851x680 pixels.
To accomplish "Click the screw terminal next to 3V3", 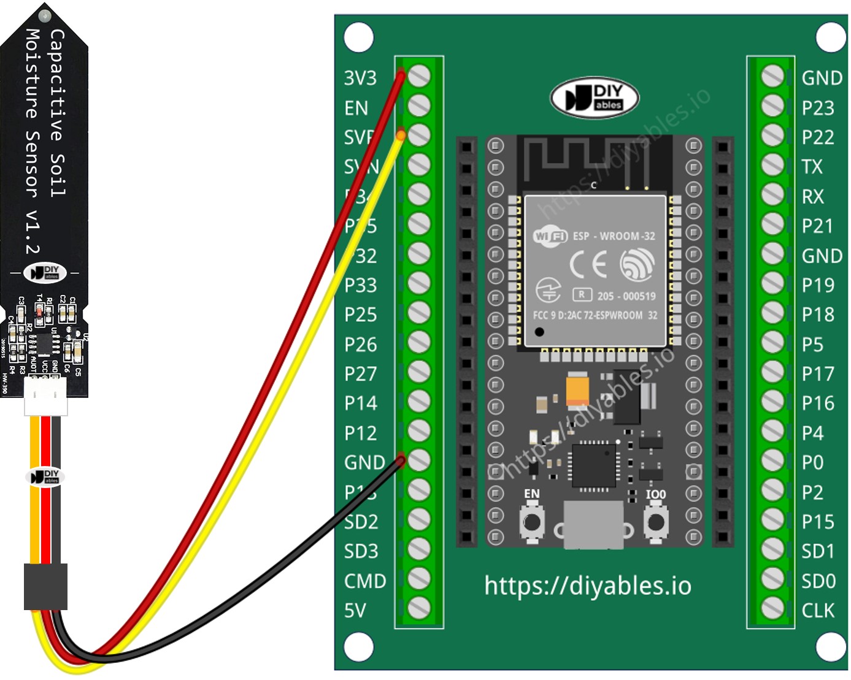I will click(x=419, y=76).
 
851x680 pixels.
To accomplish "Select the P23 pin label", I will click(x=817, y=108).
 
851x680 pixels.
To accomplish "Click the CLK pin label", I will click(x=817, y=610).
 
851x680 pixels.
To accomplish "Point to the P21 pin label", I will click(x=817, y=226).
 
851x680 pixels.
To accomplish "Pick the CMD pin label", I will click(x=365, y=581).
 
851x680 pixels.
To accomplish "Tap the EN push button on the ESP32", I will click(x=531, y=522).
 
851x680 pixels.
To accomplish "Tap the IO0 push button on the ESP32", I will click(x=656, y=522).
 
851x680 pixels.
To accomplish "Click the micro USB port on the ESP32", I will click(x=593, y=525).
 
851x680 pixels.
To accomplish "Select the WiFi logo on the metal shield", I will click(x=550, y=235).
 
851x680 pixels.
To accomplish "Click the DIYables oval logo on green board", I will click(x=595, y=97).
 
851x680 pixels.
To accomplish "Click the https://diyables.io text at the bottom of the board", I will click(x=587, y=586).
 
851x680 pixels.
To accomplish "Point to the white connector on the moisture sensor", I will click(x=45, y=395).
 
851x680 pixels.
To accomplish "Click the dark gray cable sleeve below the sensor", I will click(x=45, y=587).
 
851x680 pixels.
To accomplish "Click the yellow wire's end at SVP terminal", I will click(x=401, y=135).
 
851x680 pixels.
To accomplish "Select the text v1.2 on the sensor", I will click(x=32, y=232).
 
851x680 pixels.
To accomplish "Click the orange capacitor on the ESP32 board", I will click(x=577, y=389).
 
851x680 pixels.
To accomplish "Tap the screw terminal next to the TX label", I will click(x=772, y=165).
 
